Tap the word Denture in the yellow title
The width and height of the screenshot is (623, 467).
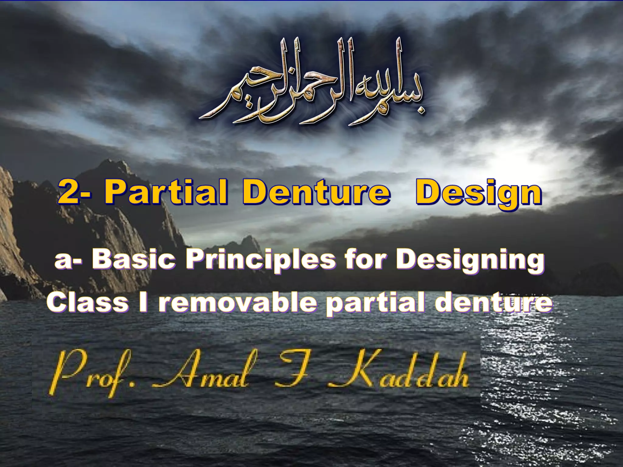[316, 192]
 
